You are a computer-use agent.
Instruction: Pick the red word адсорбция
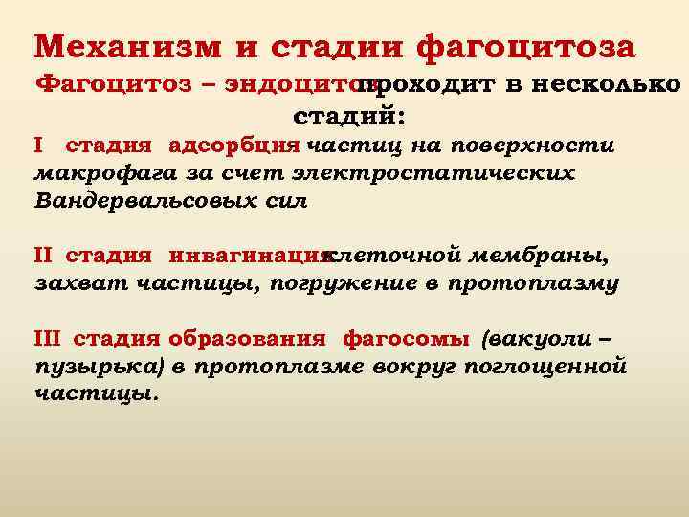pos(234,146)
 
